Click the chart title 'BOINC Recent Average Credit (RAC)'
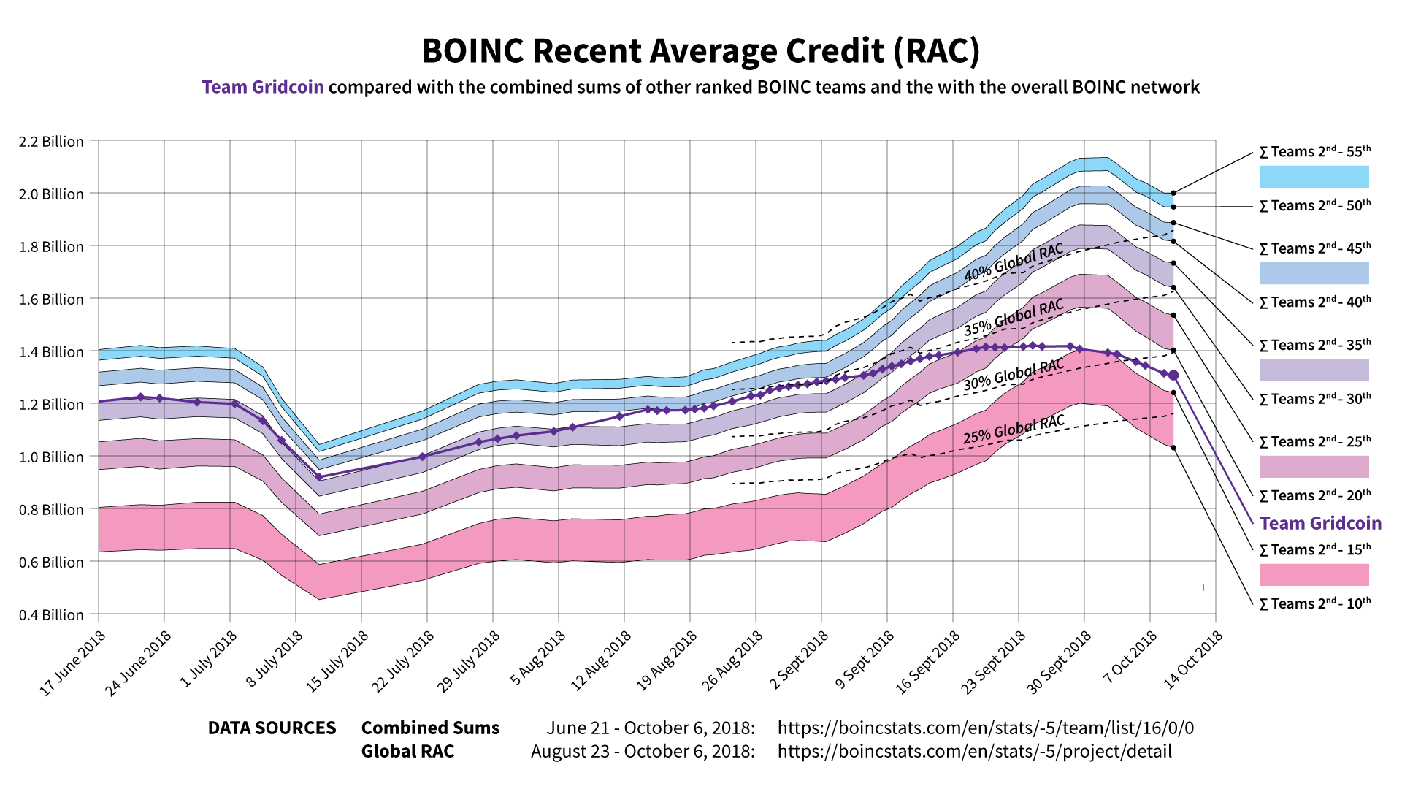click(x=700, y=51)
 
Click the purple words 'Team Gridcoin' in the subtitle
click(x=263, y=87)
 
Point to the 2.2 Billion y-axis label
click(x=51, y=142)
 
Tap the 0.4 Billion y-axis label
click(x=51, y=615)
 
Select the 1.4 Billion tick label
click(x=51, y=352)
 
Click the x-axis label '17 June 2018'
click(x=73, y=663)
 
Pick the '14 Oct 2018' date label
click(x=1192, y=660)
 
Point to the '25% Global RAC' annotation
click(x=1014, y=430)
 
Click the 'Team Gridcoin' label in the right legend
click(x=1320, y=523)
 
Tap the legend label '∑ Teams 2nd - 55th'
click(x=1314, y=152)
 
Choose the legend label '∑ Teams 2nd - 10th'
click(x=1314, y=603)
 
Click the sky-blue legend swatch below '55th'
click(x=1314, y=177)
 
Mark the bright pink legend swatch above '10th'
click(x=1314, y=575)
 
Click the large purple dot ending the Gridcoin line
click(x=1173, y=376)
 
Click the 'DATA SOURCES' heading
click(x=272, y=728)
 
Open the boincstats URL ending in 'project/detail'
click(x=974, y=752)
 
